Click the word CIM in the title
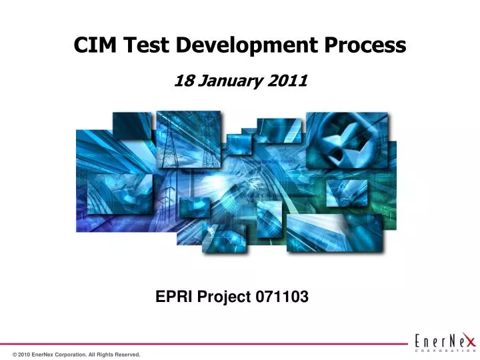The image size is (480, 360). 92,45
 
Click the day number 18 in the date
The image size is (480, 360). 183,81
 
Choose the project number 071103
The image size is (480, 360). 282,298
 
